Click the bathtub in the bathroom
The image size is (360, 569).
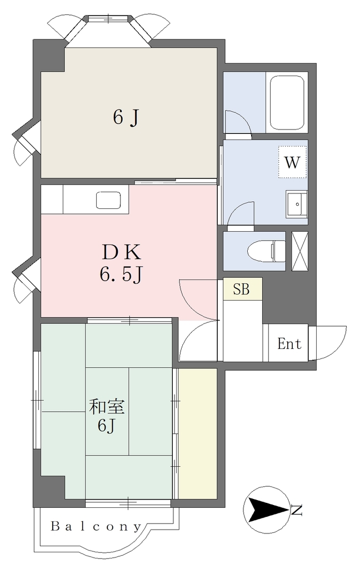[x=287, y=103]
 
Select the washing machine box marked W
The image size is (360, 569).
[x=292, y=162]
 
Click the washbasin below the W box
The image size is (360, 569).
[x=297, y=203]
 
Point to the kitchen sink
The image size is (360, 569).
[x=108, y=200]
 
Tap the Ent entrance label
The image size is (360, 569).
[x=289, y=343]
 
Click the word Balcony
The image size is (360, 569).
[x=96, y=526]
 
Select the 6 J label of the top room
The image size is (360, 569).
[x=126, y=117]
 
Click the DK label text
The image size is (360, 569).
[x=121, y=252]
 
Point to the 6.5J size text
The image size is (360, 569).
[x=120, y=275]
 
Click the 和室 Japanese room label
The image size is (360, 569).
[x=107, y=407]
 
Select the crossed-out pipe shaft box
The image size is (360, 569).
[x=300, y=251]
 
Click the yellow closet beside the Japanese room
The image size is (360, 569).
[x=197, y=433]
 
